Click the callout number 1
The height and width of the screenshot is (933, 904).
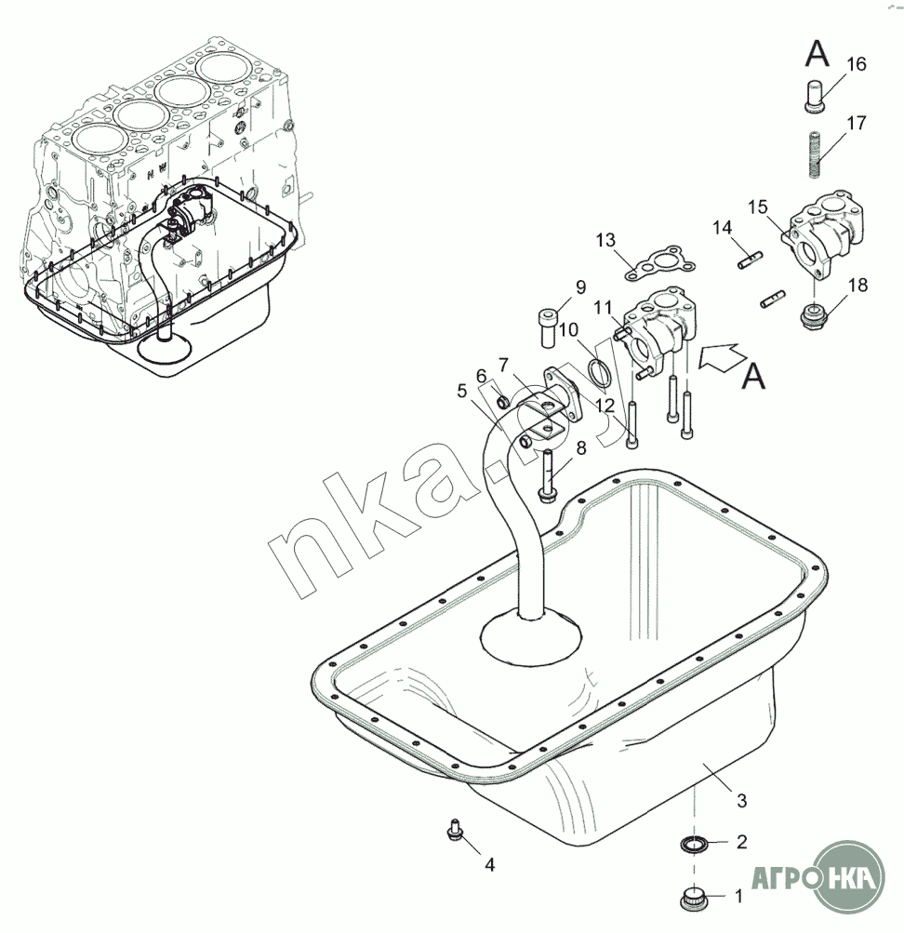(x=739, y=897)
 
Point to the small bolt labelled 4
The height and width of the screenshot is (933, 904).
(x=456, y=827)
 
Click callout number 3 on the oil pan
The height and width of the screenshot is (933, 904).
(x=741, y=800)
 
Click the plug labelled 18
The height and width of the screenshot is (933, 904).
(x=814, y=315)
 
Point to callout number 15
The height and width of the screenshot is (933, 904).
(x=758, y=206)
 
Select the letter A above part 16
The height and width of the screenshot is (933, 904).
(x=817, y=55)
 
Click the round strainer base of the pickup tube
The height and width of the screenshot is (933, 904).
(x=530, y=637)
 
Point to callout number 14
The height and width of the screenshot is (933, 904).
(x=724, y=227)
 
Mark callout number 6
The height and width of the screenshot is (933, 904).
(x=481, y=376)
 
